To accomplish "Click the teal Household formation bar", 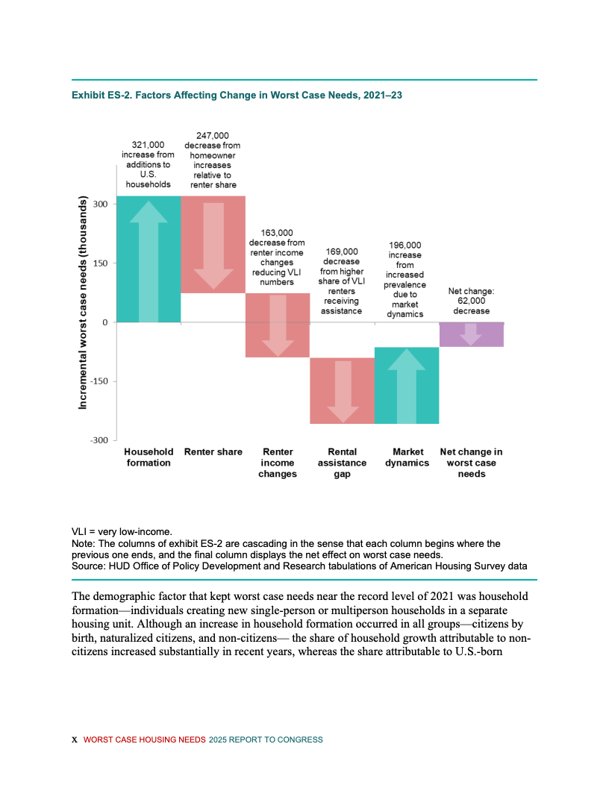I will point(149,259).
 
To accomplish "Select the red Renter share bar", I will point(213,245).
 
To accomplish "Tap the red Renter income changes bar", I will point(278,325).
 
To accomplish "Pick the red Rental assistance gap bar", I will point(342,390).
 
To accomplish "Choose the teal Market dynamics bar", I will point(406,385).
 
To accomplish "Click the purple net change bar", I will point(471,334).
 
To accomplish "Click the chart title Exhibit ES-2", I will point(237,96).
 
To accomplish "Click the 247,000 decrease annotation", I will point(212,160).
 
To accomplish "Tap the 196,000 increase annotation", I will point(405,279).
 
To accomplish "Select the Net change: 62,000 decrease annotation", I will point(471,301).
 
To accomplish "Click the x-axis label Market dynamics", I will point(407,457).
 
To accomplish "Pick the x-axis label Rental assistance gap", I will point(342,463).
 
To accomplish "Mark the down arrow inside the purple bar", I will point(471,334).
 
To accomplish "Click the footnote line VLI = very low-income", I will point(122,532).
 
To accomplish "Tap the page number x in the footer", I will point(74,739).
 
